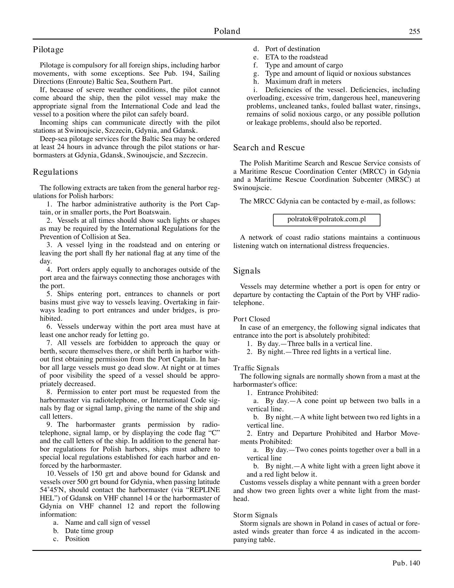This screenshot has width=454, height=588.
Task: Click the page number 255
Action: click(x=414, y=32)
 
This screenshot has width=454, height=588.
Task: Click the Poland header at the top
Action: click(x=227, y=31)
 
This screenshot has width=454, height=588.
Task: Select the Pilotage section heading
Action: click(x=48, y=49)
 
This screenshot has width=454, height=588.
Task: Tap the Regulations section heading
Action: click(x=55, y=172)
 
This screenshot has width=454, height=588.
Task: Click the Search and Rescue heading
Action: click(x=269, y=148)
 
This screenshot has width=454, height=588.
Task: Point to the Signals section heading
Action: click(x=247, y=271)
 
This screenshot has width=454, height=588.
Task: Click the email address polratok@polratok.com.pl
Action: click(x=326, y=219)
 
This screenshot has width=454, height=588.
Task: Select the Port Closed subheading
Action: click(x=252, y=319)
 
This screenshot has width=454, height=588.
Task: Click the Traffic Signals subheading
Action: click(x=256, y=368)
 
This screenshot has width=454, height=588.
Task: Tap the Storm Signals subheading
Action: click(x=255, y=515)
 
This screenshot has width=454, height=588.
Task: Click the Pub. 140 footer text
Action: click(x=406, y=563)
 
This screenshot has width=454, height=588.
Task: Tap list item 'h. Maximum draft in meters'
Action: click(x=303, y=82)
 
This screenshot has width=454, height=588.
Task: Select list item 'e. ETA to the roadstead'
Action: click(x=296, y=57)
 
